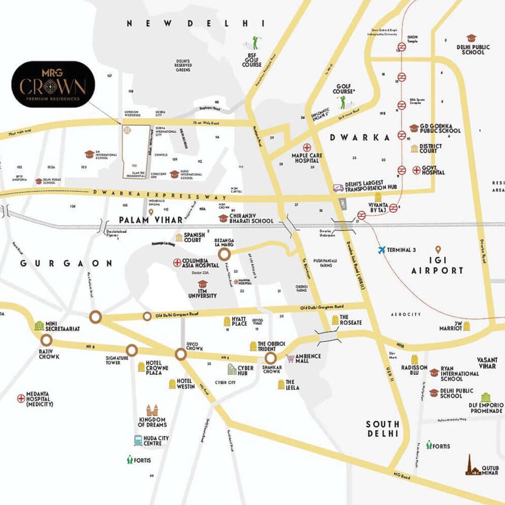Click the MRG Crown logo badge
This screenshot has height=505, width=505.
pyautogui.click(x=53, y=84)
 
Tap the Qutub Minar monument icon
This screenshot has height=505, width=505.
pyautogui.click(x=473, y=466)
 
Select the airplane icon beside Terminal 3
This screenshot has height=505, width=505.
pyautogui.click(x=382, y=250)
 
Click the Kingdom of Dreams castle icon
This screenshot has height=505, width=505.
pyautogui.click(x=151, y=411)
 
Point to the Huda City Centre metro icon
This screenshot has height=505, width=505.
pyautogui.click(x=138, y=440)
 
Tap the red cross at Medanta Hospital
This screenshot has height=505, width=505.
pyautogui.click(x=21, y=398)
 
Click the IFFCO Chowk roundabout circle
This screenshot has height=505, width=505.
pyautogui.click(x=181, y=354)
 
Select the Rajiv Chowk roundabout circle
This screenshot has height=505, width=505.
pyautogui.click(x=46, y=340)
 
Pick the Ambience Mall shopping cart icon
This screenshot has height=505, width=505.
pyautogui.click(x=291, y=358)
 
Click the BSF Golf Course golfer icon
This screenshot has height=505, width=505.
pyautogui.click(x=254, y=43)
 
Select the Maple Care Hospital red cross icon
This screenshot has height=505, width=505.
pyautogui.click(x=307, y=147)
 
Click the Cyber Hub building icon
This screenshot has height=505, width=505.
pyautogui.click(x=232, y=369)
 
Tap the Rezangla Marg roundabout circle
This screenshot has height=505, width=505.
pyautogui.click(x=224, y=254)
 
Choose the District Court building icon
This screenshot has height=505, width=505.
pyautogui.click(x=414, y=148)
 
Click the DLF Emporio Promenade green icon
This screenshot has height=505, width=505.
pyautogui.click(x=486, y=397)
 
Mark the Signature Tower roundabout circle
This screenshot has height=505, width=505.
pyautogui.click(x=132, y=350)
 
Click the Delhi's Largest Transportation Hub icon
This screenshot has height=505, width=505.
pyautogui.click(x=338, y=188)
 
